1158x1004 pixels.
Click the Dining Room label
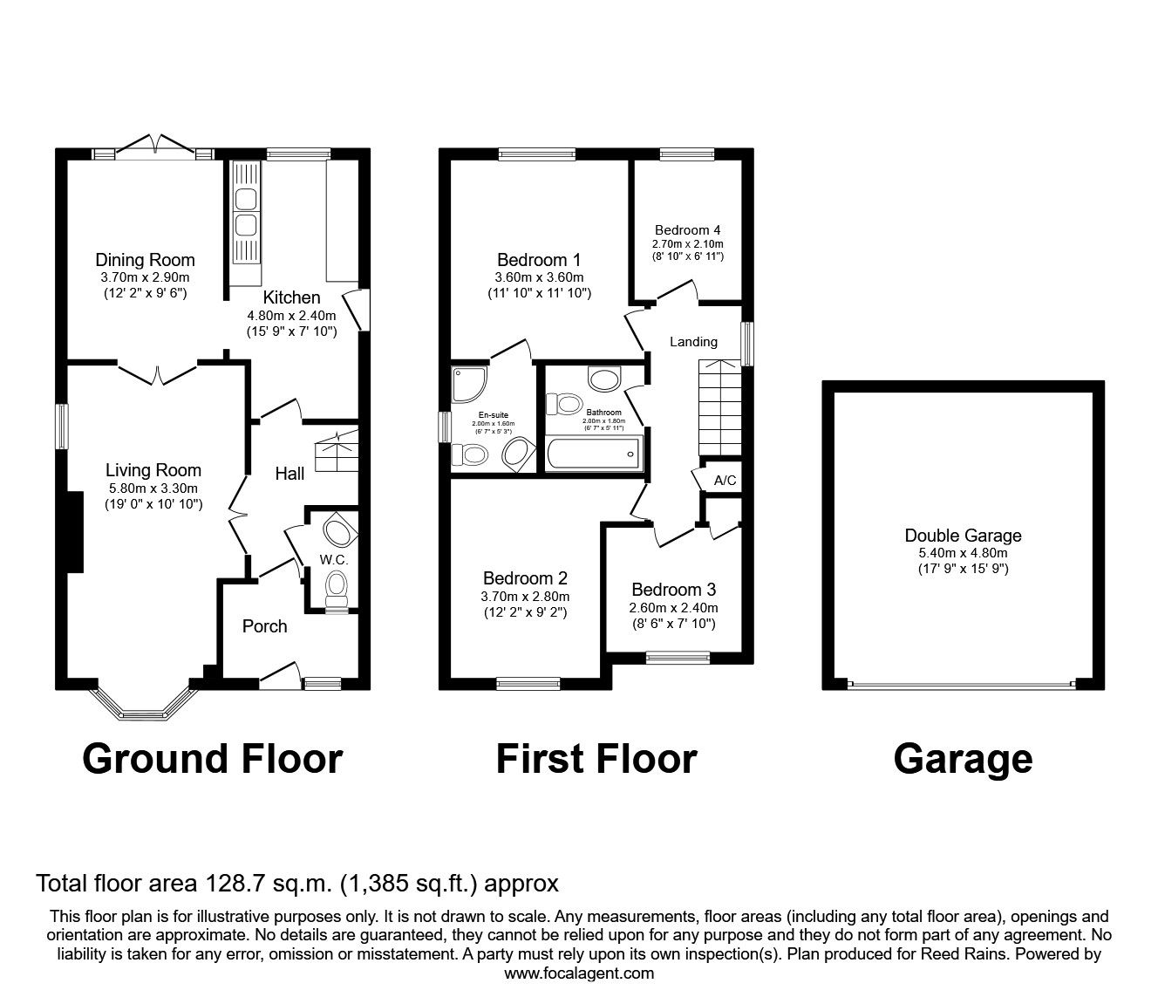[145, 260]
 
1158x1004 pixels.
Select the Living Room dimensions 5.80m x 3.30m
[153, 488]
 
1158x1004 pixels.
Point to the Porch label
[264, 626]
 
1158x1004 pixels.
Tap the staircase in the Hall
[337, 451]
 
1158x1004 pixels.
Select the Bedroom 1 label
[539, 260]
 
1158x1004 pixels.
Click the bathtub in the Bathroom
[594, 454]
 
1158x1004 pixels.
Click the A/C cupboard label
[725, 481]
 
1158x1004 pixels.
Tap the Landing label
[693, 342]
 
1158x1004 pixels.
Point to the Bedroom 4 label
[687, 231]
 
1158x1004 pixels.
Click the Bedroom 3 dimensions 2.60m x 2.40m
[673, 608]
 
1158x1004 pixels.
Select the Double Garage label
[963, 536]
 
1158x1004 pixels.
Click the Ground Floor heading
[212, 758]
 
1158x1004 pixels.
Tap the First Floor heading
[596, 758]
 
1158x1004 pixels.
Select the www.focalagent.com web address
[579, 973]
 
